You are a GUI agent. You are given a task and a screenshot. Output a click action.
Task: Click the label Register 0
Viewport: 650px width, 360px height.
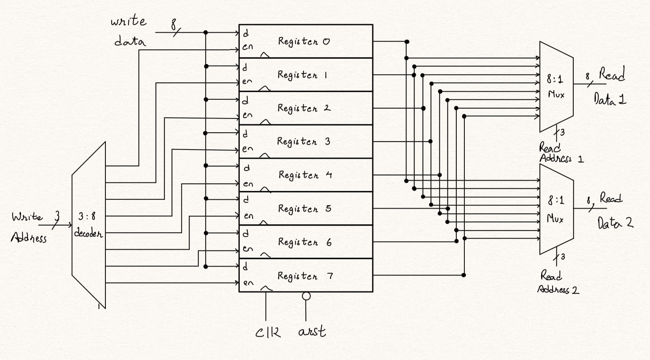[x=304, y=41]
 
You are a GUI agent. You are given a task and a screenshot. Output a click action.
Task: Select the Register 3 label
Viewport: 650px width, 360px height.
[x=303, y=141]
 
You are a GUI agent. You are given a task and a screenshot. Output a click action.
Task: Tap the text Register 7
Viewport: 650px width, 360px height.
[x=305, y=276]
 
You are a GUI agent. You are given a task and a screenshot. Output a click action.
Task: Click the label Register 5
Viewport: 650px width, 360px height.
[x=304, y=209]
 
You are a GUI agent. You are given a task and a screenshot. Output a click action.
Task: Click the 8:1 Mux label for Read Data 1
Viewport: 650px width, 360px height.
[x=555, y=87]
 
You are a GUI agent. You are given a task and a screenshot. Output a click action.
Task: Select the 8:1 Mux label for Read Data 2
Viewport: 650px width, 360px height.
[x=555, y=209]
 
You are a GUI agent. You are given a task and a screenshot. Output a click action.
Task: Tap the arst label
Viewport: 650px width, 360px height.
[x=312, y=331]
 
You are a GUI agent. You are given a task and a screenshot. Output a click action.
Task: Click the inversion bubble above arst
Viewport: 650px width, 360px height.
[x=306, y=296]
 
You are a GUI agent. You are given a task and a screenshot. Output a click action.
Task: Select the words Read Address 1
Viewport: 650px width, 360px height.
[x=560, y=153]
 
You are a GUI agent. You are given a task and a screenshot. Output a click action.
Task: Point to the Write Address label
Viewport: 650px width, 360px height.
[x=29, y=227]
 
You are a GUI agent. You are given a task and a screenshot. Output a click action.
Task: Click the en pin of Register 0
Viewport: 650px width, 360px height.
[x=247, y=47]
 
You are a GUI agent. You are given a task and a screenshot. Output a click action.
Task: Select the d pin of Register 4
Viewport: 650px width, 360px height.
[x=247, y=168]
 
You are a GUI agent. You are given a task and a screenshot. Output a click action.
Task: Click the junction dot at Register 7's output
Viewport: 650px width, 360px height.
[x=464, y=275]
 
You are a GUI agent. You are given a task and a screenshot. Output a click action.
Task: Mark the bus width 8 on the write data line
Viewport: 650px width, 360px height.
[x=174, y=25]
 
